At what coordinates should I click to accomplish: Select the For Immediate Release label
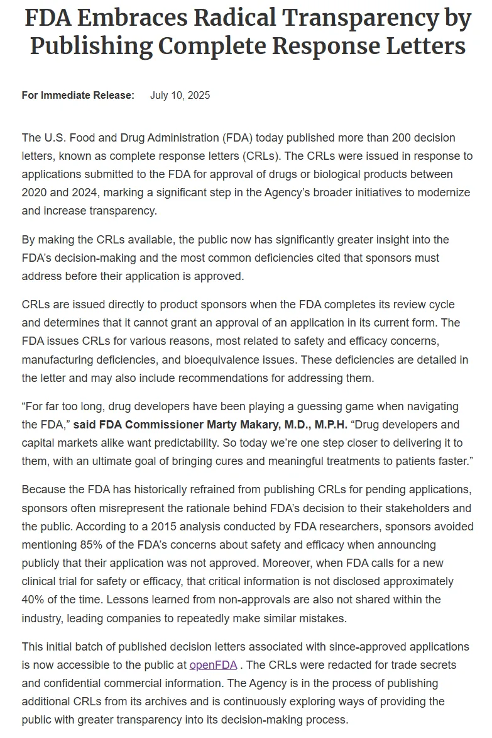point(78,96)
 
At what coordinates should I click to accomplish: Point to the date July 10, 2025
point(180,96)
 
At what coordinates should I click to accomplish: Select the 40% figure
point(34,600)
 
